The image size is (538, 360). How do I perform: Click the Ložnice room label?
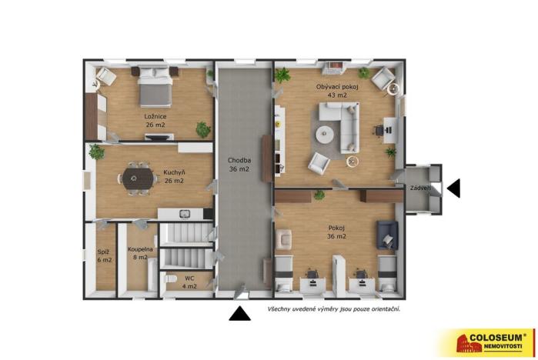tap(155, 121)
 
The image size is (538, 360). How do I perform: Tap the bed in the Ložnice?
tap(155, 87)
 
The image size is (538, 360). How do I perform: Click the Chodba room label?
tap(239, 165)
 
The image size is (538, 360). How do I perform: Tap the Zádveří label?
tap(420, 188)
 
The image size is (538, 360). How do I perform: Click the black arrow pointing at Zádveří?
tap(453, 188)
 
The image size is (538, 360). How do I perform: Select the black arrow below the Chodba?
tap(239, 312)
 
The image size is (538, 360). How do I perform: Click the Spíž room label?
tap(103, 256)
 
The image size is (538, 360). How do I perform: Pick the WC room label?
tap(189, 282)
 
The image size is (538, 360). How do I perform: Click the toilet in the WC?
tap(172, 278)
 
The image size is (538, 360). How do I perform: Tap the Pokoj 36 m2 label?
tap(336, 232)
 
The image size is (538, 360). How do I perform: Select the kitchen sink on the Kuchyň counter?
tap(184, 213)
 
